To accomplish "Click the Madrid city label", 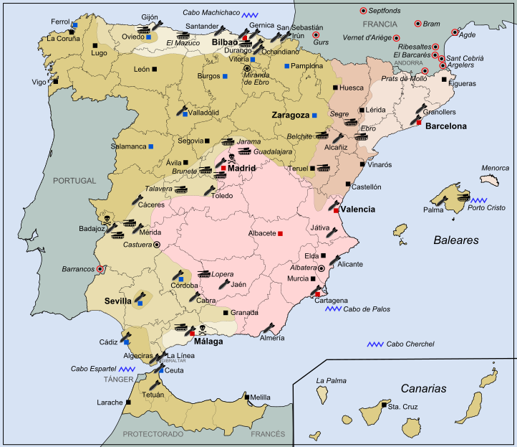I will click(242, 169).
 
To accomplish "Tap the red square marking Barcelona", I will click(419, 123).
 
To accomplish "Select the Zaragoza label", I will click(290, 115).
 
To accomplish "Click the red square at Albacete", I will click(280, 234).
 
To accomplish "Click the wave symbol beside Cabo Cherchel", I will click(375, 344).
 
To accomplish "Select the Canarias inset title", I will click(423, 388).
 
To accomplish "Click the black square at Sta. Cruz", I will click(383, 406).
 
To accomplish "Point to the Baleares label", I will click(455, 240).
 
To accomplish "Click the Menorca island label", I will click(495, 169).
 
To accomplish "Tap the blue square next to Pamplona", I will click(286, 66).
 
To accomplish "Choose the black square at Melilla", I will click(246, 397).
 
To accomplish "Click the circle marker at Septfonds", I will click(363, 11).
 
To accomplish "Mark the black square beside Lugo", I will click(95, 45).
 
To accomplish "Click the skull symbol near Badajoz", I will click(107, 216).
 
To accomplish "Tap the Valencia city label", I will click(357, 210).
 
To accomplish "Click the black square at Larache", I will click(128, 403).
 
